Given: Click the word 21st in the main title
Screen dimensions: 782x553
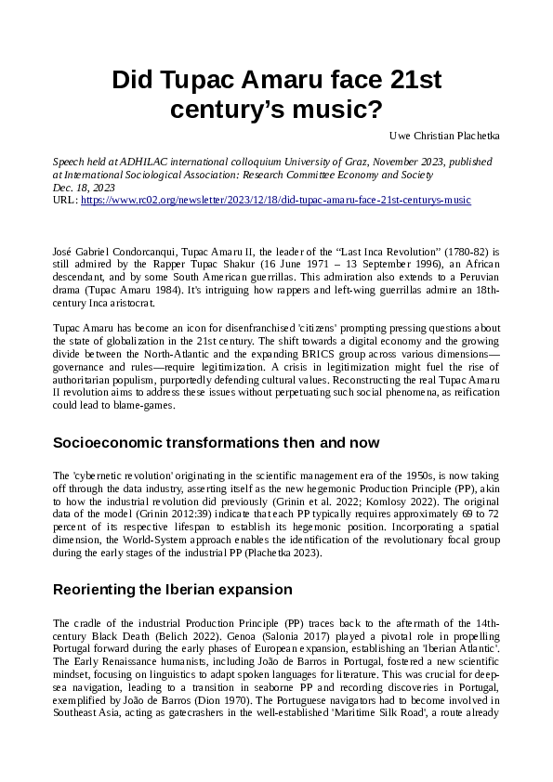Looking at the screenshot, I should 415,80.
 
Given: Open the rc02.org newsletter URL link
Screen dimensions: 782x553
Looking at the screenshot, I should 276,200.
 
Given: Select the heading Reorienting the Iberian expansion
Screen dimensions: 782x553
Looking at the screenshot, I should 173,589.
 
